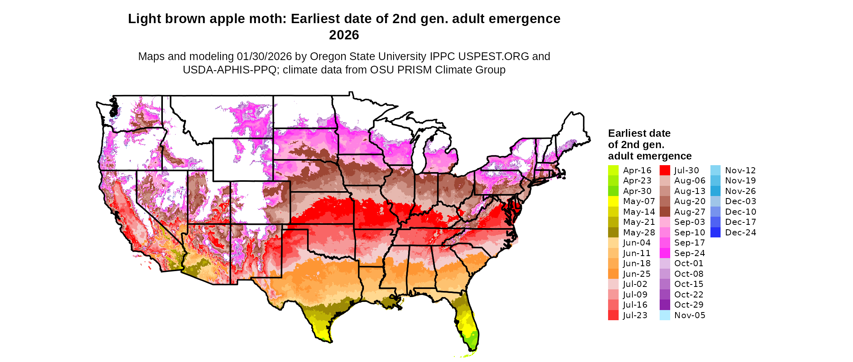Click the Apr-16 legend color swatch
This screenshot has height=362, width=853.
click(613, 170)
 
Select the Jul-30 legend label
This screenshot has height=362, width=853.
click(686, 170)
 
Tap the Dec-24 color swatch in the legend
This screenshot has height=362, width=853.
click(715, 233)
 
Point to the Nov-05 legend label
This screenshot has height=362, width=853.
click(689, 315)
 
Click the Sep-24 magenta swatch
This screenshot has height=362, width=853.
click(665, 253)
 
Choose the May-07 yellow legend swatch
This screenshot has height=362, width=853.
click(613, 201)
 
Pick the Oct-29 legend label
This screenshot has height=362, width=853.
click(688, 305)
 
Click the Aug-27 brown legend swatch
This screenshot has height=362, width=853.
click(665, 212)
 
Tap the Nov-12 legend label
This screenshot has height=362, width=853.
click(740, 170)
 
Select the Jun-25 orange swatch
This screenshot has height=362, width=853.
click(613, 274)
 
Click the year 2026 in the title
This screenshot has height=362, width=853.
click(344, 35)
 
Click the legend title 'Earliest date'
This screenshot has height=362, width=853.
click(639, 134)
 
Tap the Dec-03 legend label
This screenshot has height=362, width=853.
click(740, 201)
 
